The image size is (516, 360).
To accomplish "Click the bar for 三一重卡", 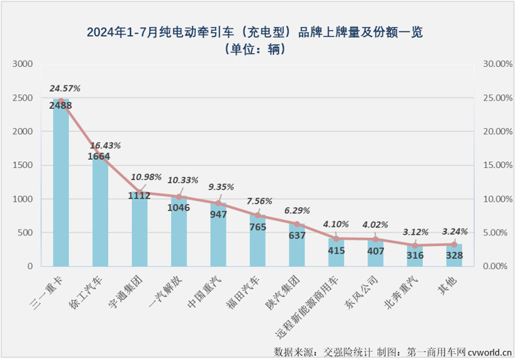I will (x=61, y=187).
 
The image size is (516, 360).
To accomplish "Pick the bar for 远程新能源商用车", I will (x=336, y=253).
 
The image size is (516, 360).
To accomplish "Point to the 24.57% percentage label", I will (x=64, y=88).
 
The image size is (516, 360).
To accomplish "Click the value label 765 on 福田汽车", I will (x=258, y=226).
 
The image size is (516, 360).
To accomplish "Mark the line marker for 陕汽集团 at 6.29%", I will (x=297, y=224).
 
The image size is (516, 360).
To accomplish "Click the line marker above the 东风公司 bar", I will (x=376, y=239).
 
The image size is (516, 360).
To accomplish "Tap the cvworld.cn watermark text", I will (x=491, y=351).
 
